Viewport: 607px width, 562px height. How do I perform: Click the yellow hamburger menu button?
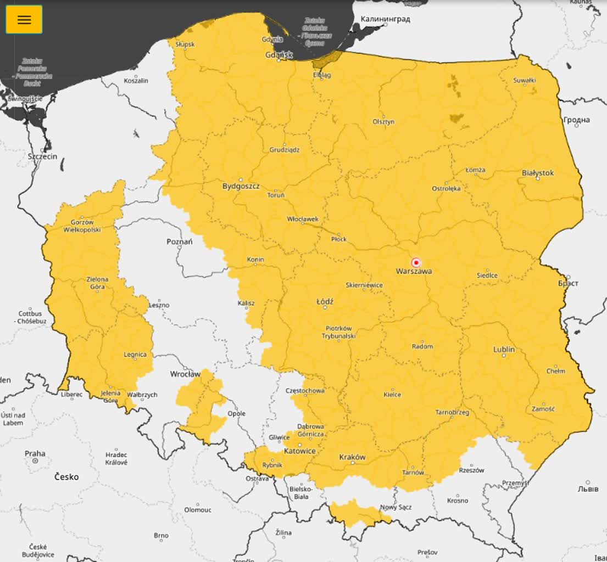point(24,20)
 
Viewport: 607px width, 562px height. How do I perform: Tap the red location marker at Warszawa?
point(416,262)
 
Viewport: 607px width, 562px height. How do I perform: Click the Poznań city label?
point(180,242)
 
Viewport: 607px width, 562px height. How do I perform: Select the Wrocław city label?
point(185,374)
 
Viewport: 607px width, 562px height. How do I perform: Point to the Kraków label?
point(352,457)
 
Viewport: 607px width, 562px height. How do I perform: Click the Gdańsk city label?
point(279,55)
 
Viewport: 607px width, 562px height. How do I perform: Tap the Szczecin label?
point(42,156)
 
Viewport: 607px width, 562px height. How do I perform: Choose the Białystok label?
point(538,173)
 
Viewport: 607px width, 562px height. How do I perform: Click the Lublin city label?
point(504,349)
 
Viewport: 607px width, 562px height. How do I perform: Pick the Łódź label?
point(325,302)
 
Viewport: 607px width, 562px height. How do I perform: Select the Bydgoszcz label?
point(241,186)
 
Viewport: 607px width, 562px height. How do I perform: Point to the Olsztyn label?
point(383,121)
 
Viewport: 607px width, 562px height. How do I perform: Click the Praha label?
point(35,453)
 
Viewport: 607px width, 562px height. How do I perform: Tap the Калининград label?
point(385,19)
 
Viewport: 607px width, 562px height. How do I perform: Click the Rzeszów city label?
point(471,470)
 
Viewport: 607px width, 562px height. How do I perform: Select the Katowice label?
point(299,451)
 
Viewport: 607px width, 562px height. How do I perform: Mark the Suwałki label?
point(524,80)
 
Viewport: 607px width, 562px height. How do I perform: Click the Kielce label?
point(392,395)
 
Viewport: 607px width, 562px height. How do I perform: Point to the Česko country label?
point(66,477)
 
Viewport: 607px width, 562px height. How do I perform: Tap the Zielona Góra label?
point(97,283)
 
